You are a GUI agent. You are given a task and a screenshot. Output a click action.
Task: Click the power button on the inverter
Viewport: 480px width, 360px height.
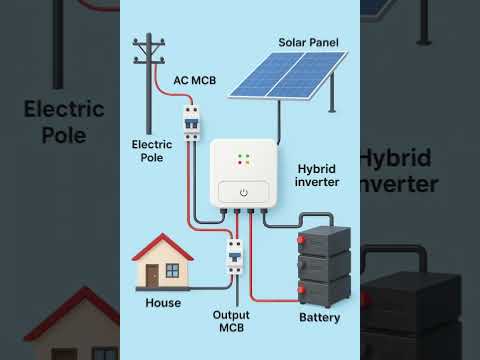(x=243, y=191)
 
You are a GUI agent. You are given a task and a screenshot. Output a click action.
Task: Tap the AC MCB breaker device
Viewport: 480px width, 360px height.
(x=190, y=122)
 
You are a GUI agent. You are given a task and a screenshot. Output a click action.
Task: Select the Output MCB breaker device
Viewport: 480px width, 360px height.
(x=235, y=255)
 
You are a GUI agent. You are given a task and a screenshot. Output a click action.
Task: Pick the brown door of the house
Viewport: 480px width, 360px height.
(x=152, y=274)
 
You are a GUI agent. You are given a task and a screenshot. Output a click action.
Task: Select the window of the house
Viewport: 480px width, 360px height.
(x=174, y=269)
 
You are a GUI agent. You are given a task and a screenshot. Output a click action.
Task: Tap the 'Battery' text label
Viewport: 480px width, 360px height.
(x=320, y=318)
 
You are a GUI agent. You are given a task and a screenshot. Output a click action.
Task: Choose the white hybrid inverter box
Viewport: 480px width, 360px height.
(x=243, y=173)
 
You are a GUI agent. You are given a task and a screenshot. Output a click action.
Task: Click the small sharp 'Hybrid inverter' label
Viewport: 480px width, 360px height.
(x=319, y=175)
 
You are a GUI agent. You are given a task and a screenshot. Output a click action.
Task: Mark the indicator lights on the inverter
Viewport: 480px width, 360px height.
(x=243, y=158)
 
